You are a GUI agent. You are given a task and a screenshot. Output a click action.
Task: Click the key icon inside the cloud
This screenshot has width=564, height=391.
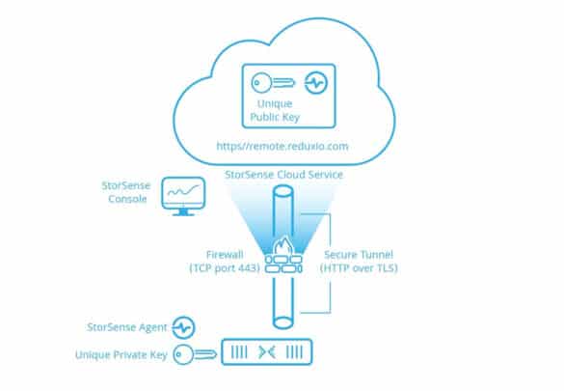pyautogui.click(x=273, y=83)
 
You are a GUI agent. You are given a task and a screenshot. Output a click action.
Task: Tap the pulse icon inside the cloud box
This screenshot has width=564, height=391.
pyautogui.click(x=316, y=83)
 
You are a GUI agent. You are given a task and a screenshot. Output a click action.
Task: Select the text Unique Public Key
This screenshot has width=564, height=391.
pyautogui.click(x=275, y=110)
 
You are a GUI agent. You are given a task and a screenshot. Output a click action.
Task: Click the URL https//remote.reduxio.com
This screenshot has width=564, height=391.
pyautogui.click(x=282, y=146)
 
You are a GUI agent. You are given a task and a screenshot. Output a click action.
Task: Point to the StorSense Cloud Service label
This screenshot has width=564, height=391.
pyautogui.click(x=283, y=175)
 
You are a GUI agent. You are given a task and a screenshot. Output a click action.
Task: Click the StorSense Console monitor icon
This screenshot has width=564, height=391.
pyautogui.click(x=183, y=196)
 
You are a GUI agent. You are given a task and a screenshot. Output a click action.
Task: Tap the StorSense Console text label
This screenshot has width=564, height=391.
pyautogui.click(x=126, y=192)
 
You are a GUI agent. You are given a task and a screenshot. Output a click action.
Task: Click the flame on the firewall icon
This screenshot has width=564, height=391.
pyautogui.click(x=283, y=245)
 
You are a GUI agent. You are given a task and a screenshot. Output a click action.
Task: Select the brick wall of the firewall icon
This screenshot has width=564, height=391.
pyautogui.click(x=283, y=264)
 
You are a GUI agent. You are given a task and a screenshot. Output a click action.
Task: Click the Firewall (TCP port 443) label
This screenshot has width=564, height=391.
pyautogui.click(x=225, y=262)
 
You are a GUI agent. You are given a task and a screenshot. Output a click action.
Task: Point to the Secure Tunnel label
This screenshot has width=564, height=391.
pyautogui.click(x=359, y=255)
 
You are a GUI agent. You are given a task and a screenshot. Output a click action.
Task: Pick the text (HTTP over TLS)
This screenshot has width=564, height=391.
pyautogui.click(x=359, y=267)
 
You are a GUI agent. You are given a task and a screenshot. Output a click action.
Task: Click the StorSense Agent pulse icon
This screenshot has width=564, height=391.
pyautogui.click(x=183, y=327)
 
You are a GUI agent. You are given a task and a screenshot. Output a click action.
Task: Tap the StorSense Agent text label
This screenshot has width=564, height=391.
pyautogui.click(x=127, y=327)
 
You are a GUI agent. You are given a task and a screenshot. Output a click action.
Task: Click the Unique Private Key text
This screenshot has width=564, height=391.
pyautogui.click(x=121, y=355)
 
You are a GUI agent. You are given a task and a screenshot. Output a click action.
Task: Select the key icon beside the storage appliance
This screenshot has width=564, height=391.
pyautogui.click(x=195, y=354)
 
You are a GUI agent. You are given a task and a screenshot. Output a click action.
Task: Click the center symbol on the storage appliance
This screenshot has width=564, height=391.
pyautogui.click(x=267, y=352)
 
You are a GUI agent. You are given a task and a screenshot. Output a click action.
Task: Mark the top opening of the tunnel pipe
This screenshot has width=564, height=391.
pyautogui.click(x=283, y=191)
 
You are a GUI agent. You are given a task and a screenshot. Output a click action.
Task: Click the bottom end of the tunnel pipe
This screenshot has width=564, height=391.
pyautogui.click(x=283, y=322)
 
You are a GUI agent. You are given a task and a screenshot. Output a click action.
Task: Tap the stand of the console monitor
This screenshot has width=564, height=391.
pyautogui.click(x=183, y=212)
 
